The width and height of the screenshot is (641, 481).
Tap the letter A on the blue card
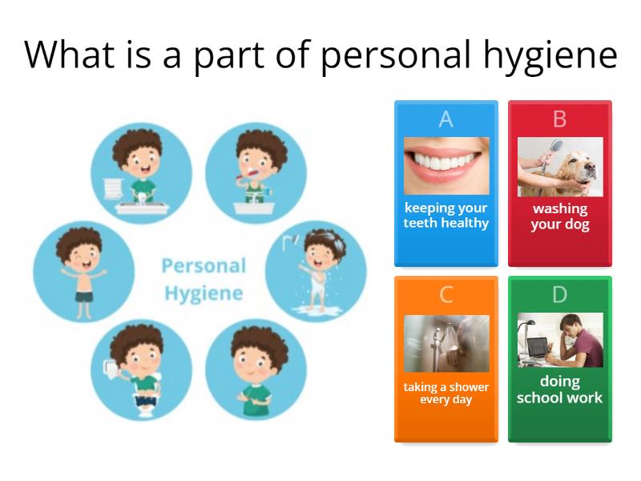tap(446, 119)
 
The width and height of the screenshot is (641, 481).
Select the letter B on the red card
tap(559, 119)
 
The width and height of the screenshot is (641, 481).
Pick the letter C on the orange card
tap(446, 295)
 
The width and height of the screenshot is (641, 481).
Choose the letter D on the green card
tap(559, 295)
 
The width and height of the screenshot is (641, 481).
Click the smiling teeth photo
tap(446, 166)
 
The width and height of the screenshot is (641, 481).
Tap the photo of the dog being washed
tap(559, 167)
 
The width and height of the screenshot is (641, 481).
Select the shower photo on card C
tap(446, 343)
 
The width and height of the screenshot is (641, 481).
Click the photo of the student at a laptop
tap(559, 340)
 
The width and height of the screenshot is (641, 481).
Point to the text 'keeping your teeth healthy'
tap(446, 216)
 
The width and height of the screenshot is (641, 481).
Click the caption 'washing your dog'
tap(559, 216)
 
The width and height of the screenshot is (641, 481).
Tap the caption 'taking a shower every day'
tap(446, 393)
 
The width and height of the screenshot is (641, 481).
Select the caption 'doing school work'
tap(559, 390)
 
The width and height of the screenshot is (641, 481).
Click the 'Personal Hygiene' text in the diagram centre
tap(204, 279)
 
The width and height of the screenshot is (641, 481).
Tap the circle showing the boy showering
tap(316, 271)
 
